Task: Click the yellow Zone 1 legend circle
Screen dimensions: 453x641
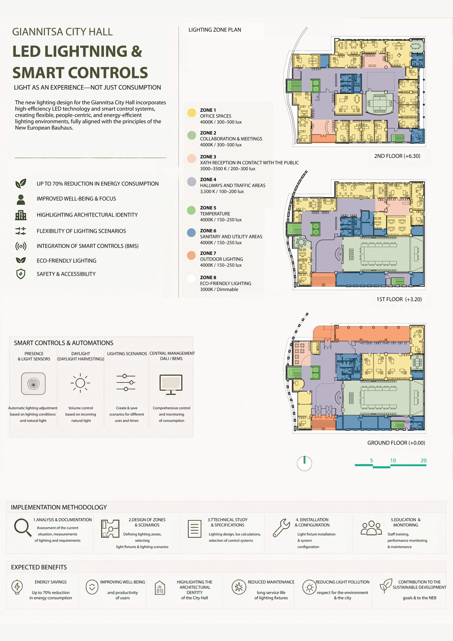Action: pyautogui.click(x=192, y=113)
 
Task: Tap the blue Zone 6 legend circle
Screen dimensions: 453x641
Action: pyautogui.click(x=191, y=233)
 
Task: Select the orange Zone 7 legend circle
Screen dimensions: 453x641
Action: pyautogui.click(x=191, y=255)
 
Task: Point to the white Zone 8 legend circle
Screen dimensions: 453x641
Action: pyautogui.click(x=191, y=279)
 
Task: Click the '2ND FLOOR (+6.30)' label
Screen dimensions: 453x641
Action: pyautogui.click(x=397, y=156)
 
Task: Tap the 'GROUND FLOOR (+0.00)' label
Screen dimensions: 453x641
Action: pyautogui.click(x=396, y=443)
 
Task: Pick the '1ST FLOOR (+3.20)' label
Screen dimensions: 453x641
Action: pyautogui.click(x=399, y=299)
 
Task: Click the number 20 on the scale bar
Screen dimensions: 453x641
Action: pyautogui.click(x=423, y=460)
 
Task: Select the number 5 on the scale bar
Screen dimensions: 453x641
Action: pyautogui.click(x=372, y=460)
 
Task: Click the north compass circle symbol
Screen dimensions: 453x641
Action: pyautogui.click(x=304, y=464)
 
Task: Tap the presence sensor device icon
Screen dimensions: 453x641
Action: pyautogui.click(x=33, y=384)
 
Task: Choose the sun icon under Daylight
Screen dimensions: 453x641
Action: pyautogui.click(x=80, y=383)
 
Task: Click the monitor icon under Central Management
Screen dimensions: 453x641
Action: pyautogui.click(x=171, y=385)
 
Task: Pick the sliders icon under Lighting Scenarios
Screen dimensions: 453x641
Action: pyautogui.click(x=126, y=383)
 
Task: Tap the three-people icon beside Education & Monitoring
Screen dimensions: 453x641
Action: pyautogui.click(x=371, y=528)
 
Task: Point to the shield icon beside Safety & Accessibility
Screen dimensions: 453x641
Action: pyautogui.click(x=21, y=274)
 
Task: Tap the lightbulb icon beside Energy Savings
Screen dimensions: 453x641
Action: pyautogui.click(x=17, y=587)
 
